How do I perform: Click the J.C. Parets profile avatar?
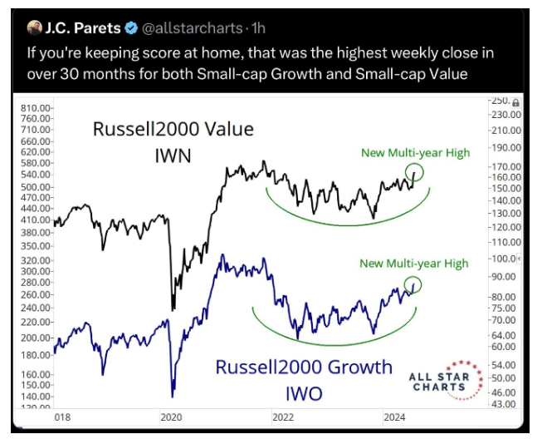[x=34, y=30]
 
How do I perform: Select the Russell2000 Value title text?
[x=173, y=130]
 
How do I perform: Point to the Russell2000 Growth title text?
[x=304, y=367]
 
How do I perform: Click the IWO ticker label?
[x=304, y=392]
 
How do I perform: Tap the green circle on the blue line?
[x=413, y=284]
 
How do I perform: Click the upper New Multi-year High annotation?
[x=415, y=152]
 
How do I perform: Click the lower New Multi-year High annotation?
[x=414, y=264]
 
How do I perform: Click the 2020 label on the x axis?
[x=170, y=417]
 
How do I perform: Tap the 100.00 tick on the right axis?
[x=502, y=261]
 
